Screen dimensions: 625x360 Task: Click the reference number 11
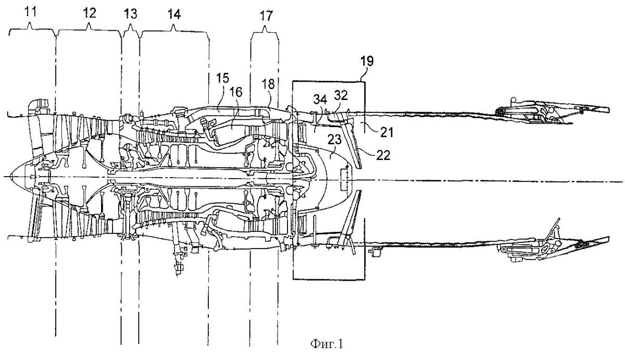point(31,13)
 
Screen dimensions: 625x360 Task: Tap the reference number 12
point(90,13)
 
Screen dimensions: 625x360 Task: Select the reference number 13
point(130,14)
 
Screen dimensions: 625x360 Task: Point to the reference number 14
point(174,14)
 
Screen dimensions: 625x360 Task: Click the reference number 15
point(222,79)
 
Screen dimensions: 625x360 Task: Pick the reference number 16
point(236,92)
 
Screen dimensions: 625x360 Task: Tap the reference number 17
point(266,16)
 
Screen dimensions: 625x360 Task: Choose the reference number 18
point(268,84)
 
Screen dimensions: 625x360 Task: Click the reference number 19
point(367,61)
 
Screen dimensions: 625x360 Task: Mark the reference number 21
point(387,132)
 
